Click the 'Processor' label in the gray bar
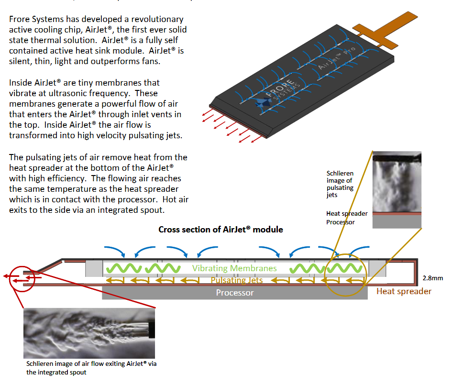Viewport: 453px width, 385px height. pos(234,293)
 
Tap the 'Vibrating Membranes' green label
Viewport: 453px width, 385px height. pos(234,268)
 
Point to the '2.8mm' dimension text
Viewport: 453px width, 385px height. pos(433,278)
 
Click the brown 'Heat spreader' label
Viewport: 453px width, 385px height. pos(404,291)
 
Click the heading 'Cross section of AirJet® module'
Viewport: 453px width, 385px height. pos(221,230)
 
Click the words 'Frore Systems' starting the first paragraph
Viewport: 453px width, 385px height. pos(33,20)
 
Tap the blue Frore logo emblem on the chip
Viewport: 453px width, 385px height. pos(262,103)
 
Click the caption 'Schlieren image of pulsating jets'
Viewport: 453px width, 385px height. pos(340,184)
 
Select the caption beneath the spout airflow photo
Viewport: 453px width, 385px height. pos(91,368)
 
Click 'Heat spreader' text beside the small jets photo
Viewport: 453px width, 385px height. pos(347,214)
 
